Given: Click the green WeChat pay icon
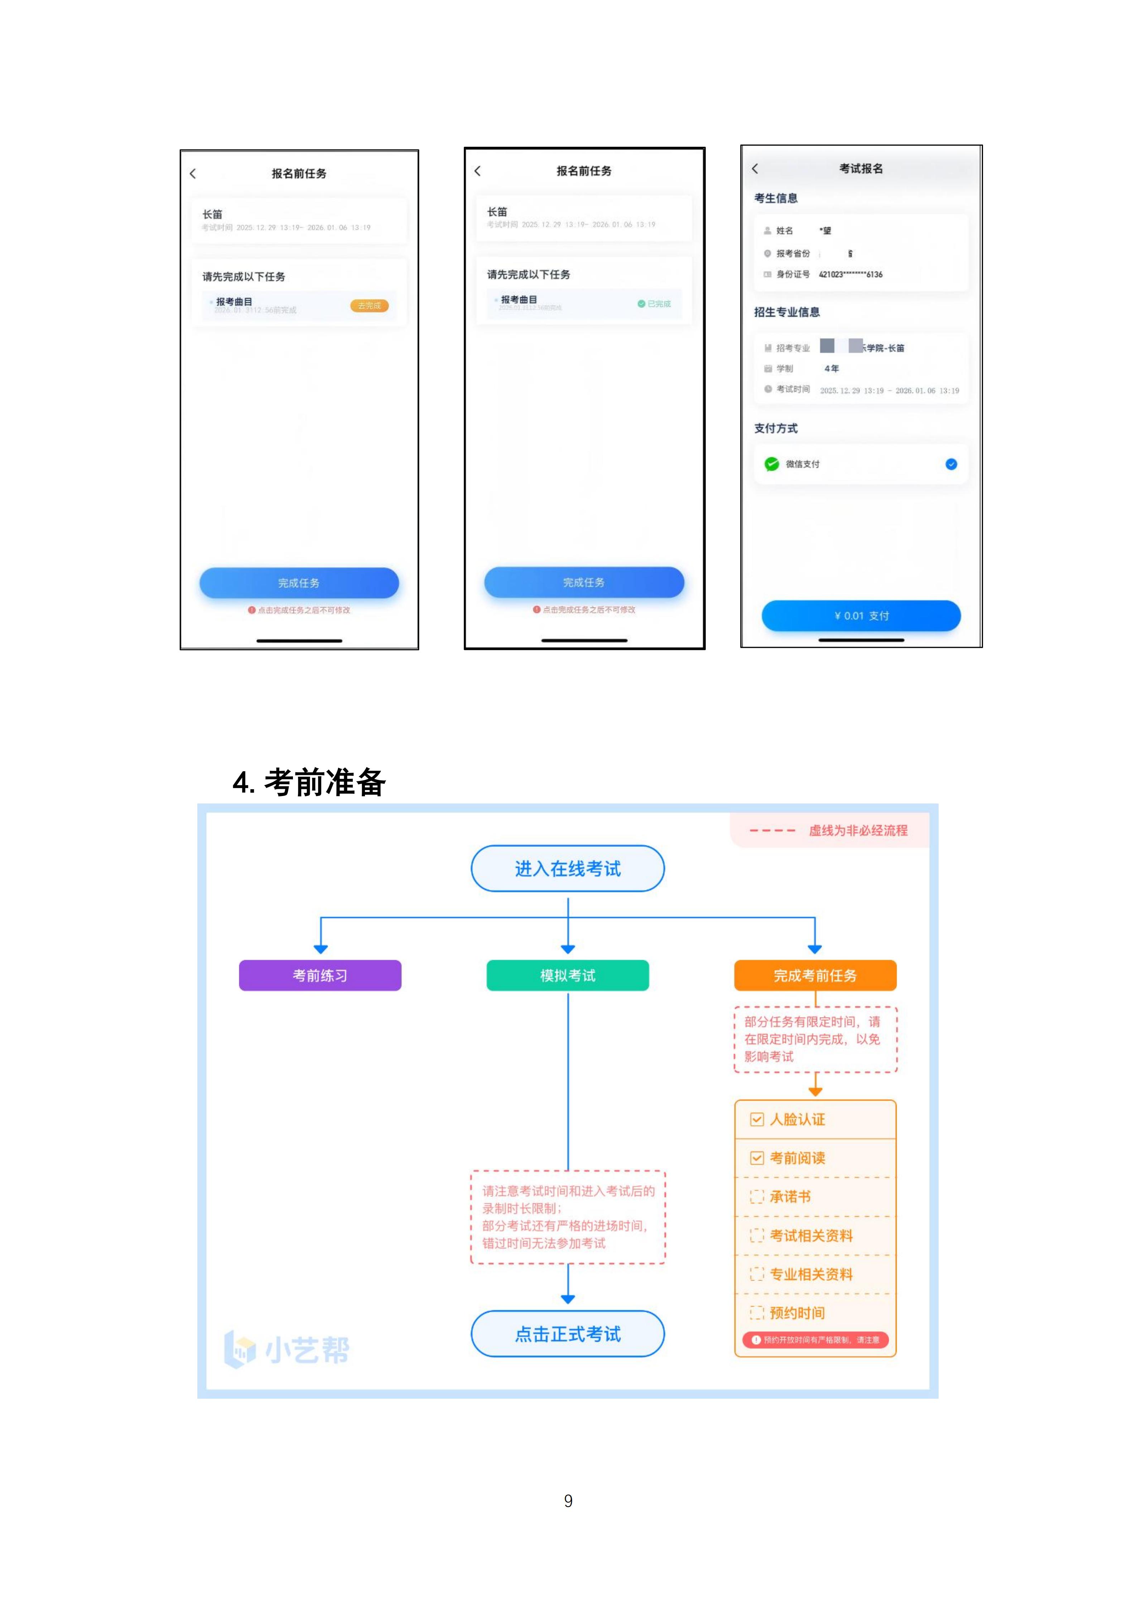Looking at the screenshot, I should [771, 464].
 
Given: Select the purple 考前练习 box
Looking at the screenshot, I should [320, 975].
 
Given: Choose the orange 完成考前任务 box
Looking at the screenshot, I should [815, 975].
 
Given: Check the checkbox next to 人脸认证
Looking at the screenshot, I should [757, 1119].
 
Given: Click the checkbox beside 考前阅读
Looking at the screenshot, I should [757, 1158].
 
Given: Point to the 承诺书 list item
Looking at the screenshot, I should [790, 1197].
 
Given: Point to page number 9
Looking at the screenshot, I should [568, 1501].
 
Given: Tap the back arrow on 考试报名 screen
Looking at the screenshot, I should [755, 169].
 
